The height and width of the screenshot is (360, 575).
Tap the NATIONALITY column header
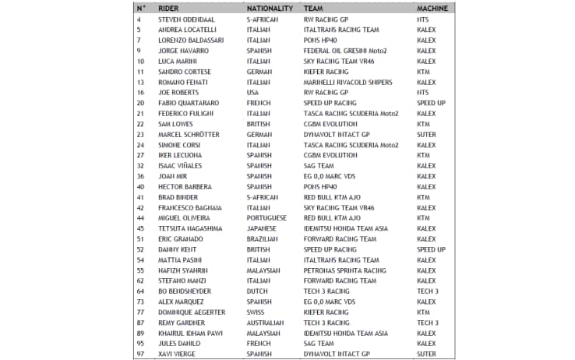coord(269,8)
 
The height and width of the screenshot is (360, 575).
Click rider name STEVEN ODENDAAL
coord(187,19)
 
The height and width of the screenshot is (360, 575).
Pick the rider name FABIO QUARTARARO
coord(189,103)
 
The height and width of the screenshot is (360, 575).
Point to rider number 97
coord(140,354)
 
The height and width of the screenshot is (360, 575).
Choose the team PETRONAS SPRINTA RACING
coord(342,270)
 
